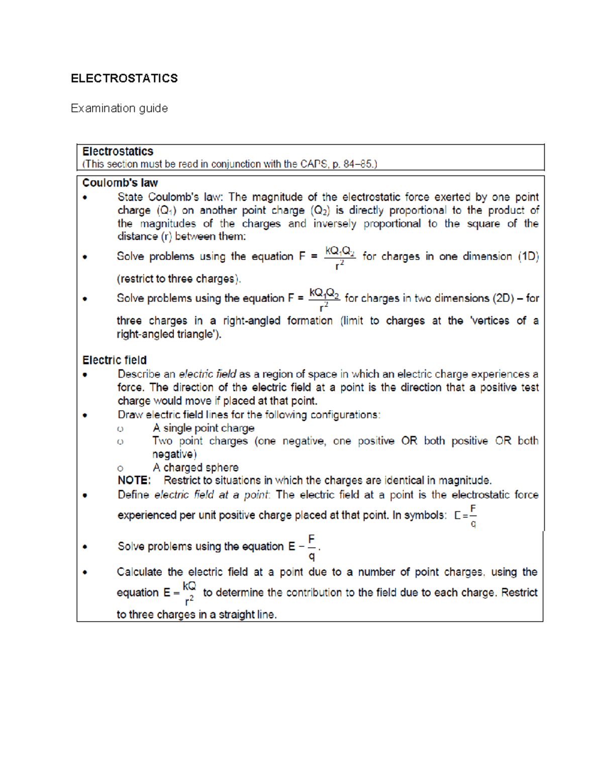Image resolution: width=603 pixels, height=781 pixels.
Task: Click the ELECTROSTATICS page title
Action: [124, 78]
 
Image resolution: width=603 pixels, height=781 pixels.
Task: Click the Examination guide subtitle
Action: [119, 108]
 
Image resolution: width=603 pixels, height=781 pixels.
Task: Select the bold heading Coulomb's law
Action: [120, 183]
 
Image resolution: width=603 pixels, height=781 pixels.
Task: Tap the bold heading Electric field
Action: [115, 360]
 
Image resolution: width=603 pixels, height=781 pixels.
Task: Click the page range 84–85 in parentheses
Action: [358, 164]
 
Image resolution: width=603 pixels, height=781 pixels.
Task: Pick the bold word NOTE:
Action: [134, 480]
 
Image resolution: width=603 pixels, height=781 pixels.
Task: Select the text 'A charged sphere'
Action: [195, 468]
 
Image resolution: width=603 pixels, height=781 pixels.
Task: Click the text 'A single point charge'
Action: [204, 428]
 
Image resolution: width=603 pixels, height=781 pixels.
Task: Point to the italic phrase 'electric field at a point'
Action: [212, 495]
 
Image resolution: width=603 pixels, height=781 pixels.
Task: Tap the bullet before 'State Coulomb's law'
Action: [85, 198]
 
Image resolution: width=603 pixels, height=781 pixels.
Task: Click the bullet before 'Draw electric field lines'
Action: [85, 415]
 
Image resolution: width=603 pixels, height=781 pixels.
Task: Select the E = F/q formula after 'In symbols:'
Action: [465, 516]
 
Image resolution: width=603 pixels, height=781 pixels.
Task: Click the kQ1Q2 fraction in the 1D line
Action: [340, 257]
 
